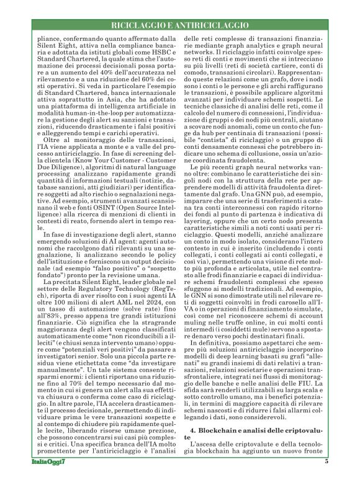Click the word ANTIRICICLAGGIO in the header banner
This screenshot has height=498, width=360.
click(x=213, y=25)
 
